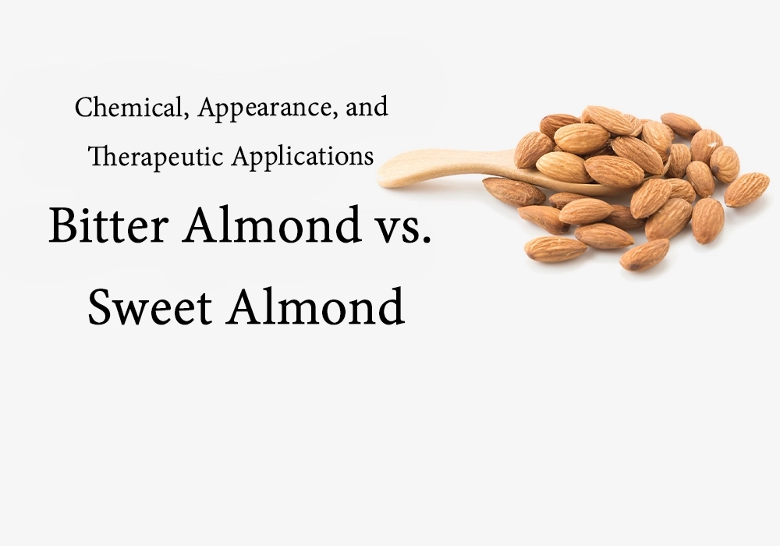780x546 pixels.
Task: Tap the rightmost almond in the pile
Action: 746,190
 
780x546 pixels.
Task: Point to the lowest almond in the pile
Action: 644,255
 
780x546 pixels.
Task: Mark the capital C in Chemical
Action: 83,108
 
